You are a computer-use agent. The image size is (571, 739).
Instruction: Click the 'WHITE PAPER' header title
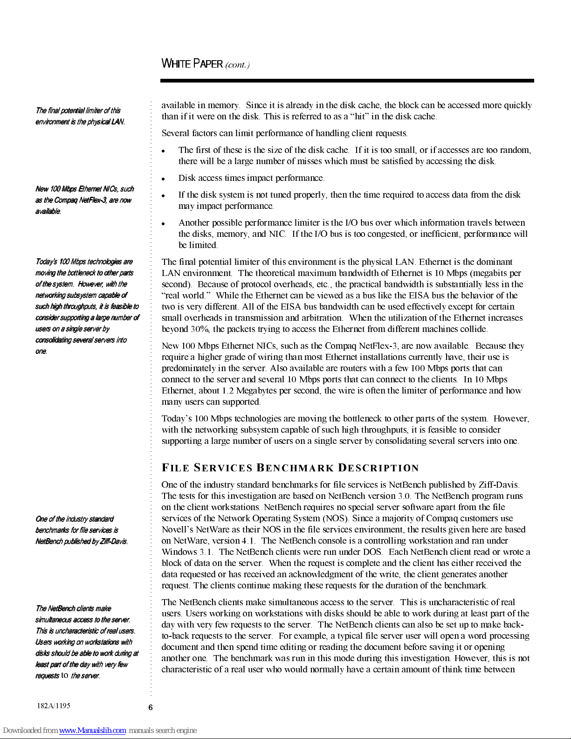[192, 64]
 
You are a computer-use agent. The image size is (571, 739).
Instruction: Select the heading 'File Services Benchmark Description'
[290, 468]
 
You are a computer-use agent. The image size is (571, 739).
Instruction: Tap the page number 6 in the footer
[151, 707]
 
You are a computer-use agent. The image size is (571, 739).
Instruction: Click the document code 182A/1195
[54, 705]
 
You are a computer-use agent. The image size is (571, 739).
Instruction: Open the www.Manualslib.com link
[92, 731]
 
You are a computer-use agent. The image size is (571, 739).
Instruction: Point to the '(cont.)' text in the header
[237, 65]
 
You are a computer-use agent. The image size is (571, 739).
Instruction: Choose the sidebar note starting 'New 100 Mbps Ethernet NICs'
[84, 200]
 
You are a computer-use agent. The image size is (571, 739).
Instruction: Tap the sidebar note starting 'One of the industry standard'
[82, 530]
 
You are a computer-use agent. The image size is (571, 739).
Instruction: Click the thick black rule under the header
[347, 81]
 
